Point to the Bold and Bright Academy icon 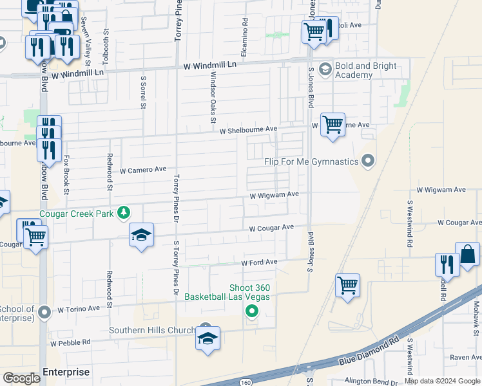tap(325, 69)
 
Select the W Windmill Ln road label tap(210, 66)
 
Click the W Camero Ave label tap(143, 170)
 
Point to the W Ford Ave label tap(259, 262)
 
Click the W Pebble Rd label tap(77, 343)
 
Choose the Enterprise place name tap(66, 372)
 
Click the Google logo tap(21, 378)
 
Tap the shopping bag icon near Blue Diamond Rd tap(467, 255)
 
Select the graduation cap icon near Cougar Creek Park tap(141, 235)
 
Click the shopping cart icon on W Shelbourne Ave tap(333, 124)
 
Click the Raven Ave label tap(466, 358)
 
